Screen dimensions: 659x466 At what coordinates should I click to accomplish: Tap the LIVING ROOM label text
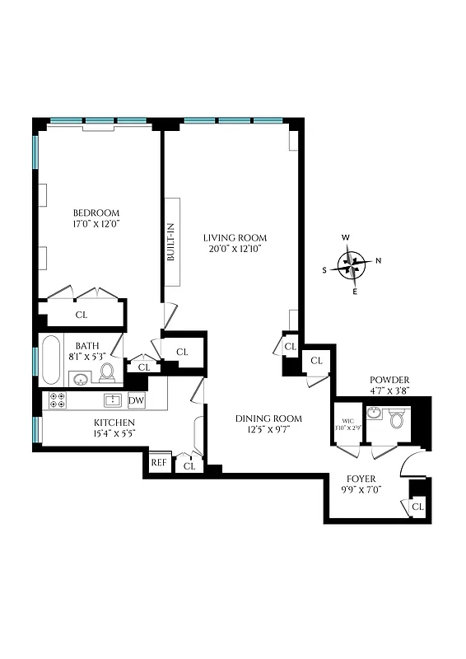(x=235, y=237)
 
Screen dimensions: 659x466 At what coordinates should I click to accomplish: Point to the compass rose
(x=352, y=265)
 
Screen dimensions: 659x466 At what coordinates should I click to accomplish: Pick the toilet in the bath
(x=107, y=373)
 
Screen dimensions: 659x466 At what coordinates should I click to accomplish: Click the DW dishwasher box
(x=137, y=400)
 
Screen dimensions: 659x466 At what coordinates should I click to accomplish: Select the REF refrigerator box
(x=158, y=463)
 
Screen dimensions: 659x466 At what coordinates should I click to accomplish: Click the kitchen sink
(x=113, y=400)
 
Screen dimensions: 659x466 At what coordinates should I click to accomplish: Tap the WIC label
(x=347, y=423)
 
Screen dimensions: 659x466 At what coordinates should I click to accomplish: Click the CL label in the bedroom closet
(x=82, y=315)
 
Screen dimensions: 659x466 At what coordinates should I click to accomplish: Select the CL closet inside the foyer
(x=418, y=507)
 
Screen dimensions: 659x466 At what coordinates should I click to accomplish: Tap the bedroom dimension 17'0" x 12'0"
(x=96, y=222)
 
